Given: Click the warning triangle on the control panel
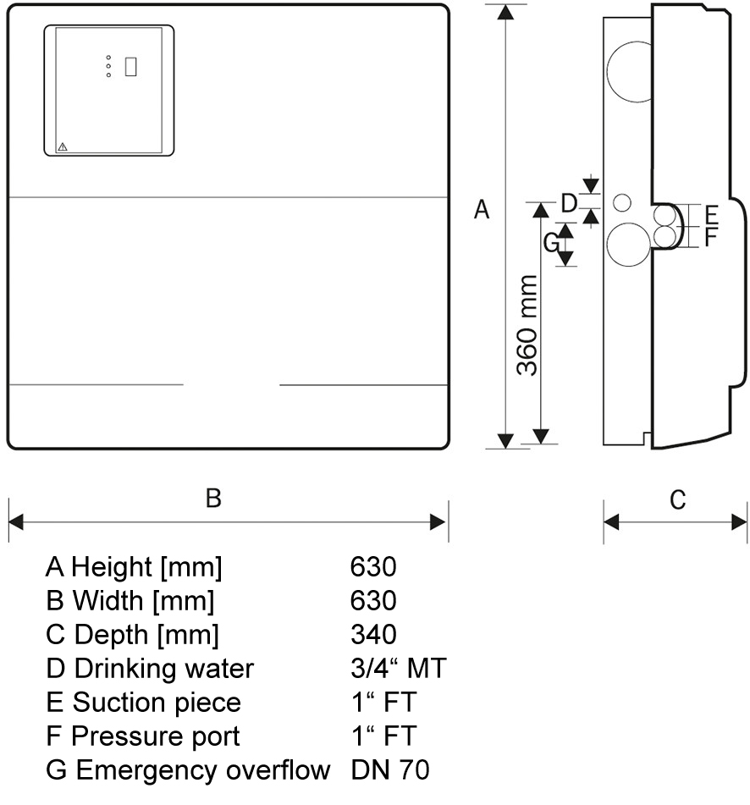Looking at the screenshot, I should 62,146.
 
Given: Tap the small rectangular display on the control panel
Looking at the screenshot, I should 130,66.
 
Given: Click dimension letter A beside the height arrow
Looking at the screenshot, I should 481,209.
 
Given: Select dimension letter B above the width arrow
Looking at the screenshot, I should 213,498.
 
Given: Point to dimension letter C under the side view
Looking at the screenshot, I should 677,500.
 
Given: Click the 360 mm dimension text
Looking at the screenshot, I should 527,325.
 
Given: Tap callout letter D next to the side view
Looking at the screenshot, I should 570,203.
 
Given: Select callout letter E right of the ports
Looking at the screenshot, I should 711,213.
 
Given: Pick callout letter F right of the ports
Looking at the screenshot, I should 711,236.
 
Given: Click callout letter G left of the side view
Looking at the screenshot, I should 551,243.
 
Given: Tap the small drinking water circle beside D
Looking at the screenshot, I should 622,203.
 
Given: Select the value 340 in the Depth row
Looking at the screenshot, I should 372,635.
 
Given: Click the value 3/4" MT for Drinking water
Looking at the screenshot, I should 397,669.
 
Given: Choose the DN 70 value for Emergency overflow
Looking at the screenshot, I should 389,770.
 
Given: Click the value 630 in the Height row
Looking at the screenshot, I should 372,567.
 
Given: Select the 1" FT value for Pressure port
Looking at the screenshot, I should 383,736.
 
